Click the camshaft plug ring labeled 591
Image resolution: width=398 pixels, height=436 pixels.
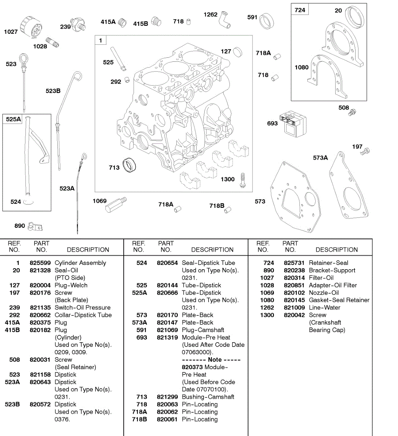[267, 21]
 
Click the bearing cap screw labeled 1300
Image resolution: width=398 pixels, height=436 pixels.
[242, 181]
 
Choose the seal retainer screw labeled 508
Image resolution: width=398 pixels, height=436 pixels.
[352, 112]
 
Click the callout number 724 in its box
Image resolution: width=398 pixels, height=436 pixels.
[300, 10]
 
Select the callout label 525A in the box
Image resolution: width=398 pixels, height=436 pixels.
[13, 119]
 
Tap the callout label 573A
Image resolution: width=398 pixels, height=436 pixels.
[320, 158]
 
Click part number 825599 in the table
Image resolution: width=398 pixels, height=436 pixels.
[40, 263]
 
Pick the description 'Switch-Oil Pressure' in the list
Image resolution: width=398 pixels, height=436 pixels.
[82, 307]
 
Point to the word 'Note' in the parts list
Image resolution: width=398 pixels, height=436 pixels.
[215, 359]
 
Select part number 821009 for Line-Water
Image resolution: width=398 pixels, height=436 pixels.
[294, 307]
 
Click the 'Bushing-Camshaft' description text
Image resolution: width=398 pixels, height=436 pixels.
[208, 397]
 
